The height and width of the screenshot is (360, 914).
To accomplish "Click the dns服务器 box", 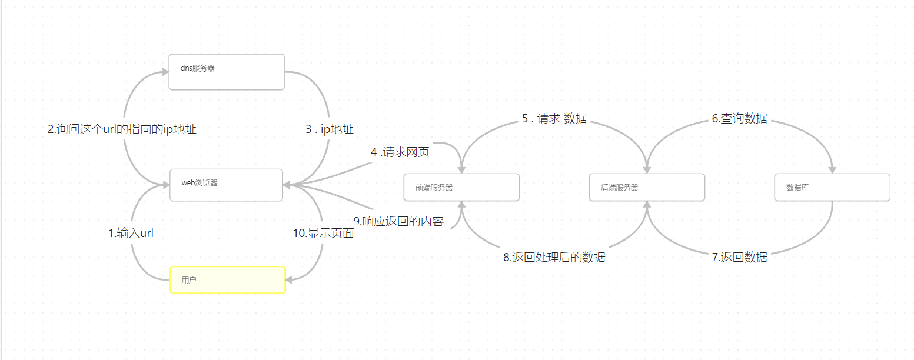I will click(227, 72).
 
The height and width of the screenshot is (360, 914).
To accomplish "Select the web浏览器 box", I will click(227, 185).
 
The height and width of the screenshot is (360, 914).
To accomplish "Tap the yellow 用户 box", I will click(227, 280).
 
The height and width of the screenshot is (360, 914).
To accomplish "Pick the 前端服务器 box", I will click(461, 187).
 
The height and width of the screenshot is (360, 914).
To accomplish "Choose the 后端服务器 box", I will click(647, 187).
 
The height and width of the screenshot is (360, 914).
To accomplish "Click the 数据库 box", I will click(832, 187).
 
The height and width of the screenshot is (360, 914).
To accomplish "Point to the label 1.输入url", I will click(131, 234).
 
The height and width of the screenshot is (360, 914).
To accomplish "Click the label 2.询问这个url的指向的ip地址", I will click(122, 129).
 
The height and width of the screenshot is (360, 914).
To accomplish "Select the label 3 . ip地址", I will click(329, 129).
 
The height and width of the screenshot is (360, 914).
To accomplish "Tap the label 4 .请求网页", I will click(400, 152).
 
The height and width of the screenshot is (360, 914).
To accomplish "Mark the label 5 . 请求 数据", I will click(554, 118).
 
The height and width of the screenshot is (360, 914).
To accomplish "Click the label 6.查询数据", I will click(739, 118).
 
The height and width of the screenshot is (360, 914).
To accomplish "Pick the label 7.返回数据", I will click(739, 257).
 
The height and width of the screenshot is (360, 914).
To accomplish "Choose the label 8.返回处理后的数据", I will click(554, 257).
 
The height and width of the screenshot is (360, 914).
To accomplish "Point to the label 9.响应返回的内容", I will click(398, 222).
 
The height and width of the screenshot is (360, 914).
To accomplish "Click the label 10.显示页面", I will click(324, 234).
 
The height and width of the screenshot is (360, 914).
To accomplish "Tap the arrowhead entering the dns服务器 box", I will click(165, 72).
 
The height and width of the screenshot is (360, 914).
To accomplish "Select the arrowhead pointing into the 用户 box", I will click(289, 280).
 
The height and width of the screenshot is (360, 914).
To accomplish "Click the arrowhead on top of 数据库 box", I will click(832, 169).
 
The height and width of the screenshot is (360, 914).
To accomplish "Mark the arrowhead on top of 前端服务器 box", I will click(461, 169).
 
